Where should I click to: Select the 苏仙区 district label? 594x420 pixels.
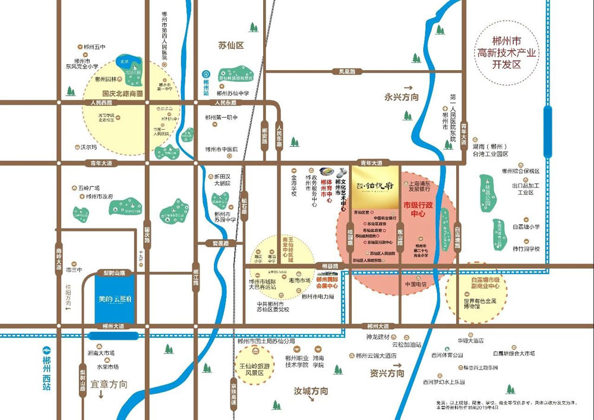[x=231, y=45]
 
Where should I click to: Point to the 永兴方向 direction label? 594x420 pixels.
[x=402, y=97]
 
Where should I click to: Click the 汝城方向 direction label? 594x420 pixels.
[x=311, y=391]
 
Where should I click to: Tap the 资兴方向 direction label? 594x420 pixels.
[x=387, y=373]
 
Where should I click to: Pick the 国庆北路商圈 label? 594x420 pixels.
[x=123, y=93]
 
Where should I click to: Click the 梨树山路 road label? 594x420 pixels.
[x=113, y=272]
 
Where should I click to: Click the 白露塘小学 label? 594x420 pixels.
[x=526, y=226]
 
